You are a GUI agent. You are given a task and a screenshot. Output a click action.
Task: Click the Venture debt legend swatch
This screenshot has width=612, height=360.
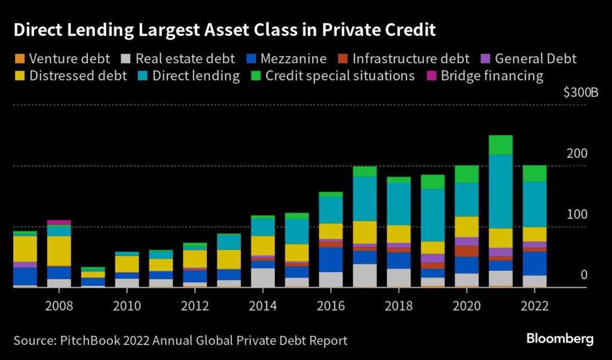(x=19, y=59)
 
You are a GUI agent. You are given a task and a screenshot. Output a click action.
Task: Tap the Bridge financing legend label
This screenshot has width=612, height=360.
(x=491, y=77)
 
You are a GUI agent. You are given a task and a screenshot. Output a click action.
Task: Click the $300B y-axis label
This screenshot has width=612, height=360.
(x=580, y=93)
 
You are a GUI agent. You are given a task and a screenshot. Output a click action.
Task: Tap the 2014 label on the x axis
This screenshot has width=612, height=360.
(x=263, y=306)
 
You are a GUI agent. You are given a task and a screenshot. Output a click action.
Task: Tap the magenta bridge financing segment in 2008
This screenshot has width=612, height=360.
(x=59, y=222)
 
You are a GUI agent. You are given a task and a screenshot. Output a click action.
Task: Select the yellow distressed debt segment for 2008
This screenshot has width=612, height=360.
(x=59, y=251)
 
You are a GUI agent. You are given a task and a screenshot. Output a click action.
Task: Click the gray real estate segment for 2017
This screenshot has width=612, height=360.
(x=365, y=275)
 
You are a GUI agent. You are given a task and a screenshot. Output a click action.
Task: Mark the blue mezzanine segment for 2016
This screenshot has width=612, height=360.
(x=331, y=260)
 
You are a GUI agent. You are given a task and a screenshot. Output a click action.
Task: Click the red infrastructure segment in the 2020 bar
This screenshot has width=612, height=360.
(x=467, y=251)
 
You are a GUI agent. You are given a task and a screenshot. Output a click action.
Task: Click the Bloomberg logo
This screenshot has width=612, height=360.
(x=560, y=340)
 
